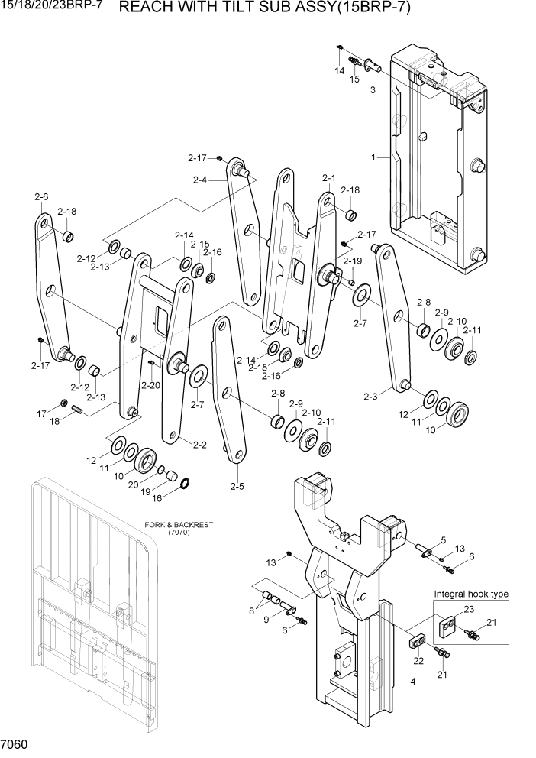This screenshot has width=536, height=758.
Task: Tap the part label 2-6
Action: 41,197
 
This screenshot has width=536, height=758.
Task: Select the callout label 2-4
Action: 201,180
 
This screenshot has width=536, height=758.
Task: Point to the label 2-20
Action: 150,385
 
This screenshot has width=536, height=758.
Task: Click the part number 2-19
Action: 352,261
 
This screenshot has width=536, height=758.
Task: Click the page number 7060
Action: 15,743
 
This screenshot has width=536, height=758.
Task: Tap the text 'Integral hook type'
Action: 471,594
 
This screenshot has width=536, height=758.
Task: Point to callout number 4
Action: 412,682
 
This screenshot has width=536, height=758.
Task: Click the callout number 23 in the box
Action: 468,609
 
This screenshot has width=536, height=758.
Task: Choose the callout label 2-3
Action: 370,397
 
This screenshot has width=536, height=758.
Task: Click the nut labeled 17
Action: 64,403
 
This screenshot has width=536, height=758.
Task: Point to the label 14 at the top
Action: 339,70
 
